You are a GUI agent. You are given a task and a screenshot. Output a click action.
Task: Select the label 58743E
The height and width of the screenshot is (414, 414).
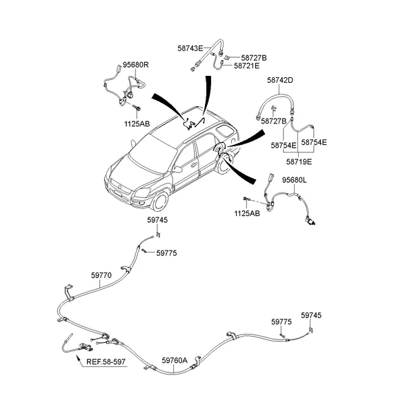pos(190,48)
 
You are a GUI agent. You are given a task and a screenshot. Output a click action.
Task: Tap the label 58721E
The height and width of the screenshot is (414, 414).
pos(246,66)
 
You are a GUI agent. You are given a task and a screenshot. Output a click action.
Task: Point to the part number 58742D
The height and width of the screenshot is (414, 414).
pos(280,81)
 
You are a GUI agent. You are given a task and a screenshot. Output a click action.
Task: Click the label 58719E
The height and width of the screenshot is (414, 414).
pos(299,161)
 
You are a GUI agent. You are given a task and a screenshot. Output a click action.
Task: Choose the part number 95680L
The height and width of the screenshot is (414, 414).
pos(293,179)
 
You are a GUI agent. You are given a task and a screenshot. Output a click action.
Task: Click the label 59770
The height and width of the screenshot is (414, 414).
pos(101,275)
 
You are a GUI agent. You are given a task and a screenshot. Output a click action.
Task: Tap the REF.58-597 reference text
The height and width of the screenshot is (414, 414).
pos(107,362)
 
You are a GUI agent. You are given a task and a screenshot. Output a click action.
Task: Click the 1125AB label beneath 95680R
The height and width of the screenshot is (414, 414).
pos(137,124)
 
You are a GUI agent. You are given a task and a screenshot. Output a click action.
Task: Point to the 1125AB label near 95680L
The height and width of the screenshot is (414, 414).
pos(247,213)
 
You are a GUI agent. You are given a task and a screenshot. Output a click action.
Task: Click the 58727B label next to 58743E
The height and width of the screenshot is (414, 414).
pos(254,57)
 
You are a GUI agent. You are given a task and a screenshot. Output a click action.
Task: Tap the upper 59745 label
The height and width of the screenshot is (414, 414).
pos(157,219)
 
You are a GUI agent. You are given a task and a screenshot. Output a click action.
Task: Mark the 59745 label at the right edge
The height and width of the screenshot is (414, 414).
pos(311,315)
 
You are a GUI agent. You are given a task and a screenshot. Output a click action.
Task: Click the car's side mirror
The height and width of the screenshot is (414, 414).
pos(177,168)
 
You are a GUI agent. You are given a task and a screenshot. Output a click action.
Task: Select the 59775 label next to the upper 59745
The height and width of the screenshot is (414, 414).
pos(166,253)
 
